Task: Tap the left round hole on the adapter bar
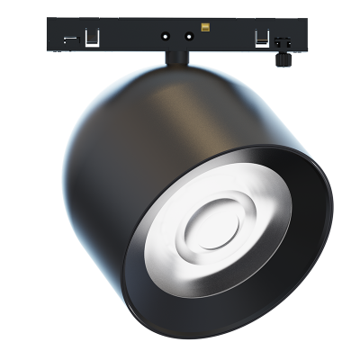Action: click(x=166, y=38)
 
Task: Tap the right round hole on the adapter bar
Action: click(x=188, y=38)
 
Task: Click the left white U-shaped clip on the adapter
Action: click(x=91, y=39)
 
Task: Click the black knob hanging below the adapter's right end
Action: click(x=282, y=56)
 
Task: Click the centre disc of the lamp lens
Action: click(x=214, y=222)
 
